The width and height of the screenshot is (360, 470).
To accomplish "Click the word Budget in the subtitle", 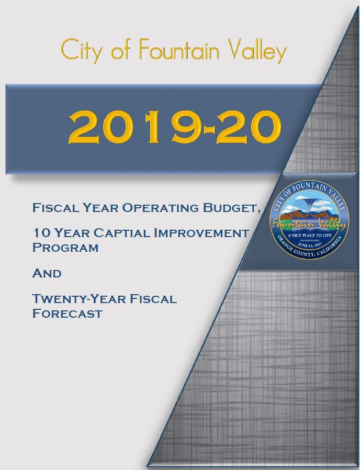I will pyautogui.click(x=232, y=208).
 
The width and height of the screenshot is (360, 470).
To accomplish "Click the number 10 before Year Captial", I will pyautogui.click(x=40, y=233).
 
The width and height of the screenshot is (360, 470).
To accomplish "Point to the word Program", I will pyautogui.click(x=65, y=247).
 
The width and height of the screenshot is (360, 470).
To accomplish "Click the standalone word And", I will pyautogui.click(x=47, y=273).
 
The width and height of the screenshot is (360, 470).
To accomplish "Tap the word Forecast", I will pyautogui.click(x=66, y=314).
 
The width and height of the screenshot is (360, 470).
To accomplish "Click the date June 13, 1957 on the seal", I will pyautogui.click(x=309, y=244).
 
